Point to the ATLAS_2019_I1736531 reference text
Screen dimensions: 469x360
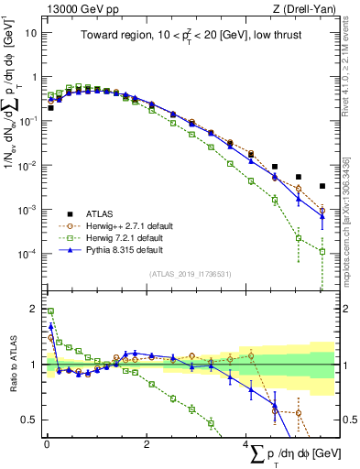click(x=190, y=273)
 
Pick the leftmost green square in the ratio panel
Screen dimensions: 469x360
click(x=50, y=311)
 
